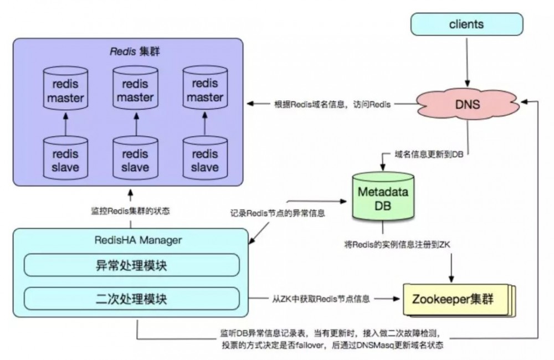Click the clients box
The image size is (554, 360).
click(466, 24)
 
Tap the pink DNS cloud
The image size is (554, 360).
click(466, 104)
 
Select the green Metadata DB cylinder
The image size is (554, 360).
click(382, 198)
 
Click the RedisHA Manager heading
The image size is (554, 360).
click(131, 240)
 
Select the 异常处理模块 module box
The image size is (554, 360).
click(131, 266)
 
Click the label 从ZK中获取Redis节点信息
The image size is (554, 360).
click(321, 299)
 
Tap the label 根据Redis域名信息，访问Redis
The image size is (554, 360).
click(334, 104)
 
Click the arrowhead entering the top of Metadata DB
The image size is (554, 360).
click(382, 166)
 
